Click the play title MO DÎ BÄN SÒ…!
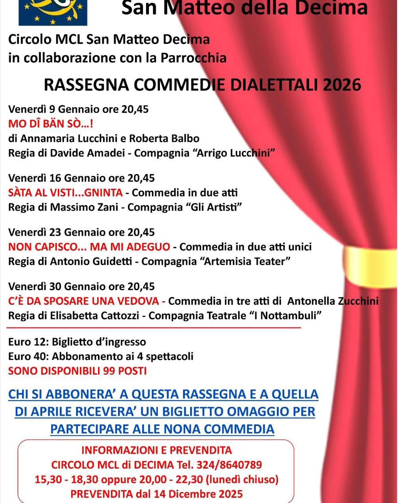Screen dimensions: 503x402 [x=51, y=124]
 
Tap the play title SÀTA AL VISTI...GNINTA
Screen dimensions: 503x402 [x=66, y=193]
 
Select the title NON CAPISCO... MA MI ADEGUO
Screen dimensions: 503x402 [x=89, y=247]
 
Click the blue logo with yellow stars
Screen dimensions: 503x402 [x=53, y=12]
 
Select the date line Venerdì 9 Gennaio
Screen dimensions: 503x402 [x=78, y=109]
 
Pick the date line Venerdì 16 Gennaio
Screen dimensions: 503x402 [x=81, y=178]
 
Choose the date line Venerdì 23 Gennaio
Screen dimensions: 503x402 [x=81, y=232]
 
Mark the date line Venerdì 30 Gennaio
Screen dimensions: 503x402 [x=81, y=286]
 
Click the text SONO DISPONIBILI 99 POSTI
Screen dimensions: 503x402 [x=77, y=371]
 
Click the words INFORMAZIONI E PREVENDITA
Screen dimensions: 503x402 [x=156, y=450]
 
